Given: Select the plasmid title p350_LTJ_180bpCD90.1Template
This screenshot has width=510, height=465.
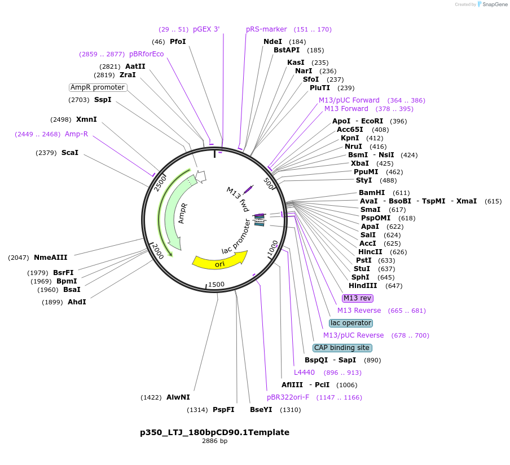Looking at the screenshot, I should point(214,432).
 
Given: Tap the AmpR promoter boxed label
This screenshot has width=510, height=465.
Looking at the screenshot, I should point(98,87).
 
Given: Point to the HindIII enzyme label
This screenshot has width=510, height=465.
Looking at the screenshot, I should point(363,286).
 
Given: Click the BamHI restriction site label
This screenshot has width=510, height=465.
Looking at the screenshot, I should point(372,193).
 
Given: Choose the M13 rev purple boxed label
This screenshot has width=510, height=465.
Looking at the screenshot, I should point(357,298).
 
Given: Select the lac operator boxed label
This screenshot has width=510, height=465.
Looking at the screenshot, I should point(351,323).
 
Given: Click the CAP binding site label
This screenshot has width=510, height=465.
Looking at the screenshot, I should point(342,348).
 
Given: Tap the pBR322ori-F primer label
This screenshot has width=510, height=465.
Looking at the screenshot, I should point(288,397).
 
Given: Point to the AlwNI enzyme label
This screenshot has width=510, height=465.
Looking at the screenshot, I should point(178,397).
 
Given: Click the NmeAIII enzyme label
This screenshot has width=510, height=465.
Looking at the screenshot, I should point(50,258).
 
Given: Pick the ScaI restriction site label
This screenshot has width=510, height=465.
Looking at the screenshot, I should point(70,153).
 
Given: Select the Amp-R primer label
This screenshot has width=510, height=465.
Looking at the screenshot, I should point(76,134).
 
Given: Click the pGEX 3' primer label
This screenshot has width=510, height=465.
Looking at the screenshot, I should point(206,29).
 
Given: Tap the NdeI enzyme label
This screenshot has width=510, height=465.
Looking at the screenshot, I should point(272,42).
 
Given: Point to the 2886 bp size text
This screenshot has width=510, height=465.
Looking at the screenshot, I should point(214,441).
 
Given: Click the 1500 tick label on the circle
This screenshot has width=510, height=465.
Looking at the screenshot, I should point(217,285).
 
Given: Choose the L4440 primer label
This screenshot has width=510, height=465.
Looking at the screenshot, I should point(304,373).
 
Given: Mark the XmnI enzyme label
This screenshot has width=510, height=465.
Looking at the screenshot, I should point(86,119).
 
